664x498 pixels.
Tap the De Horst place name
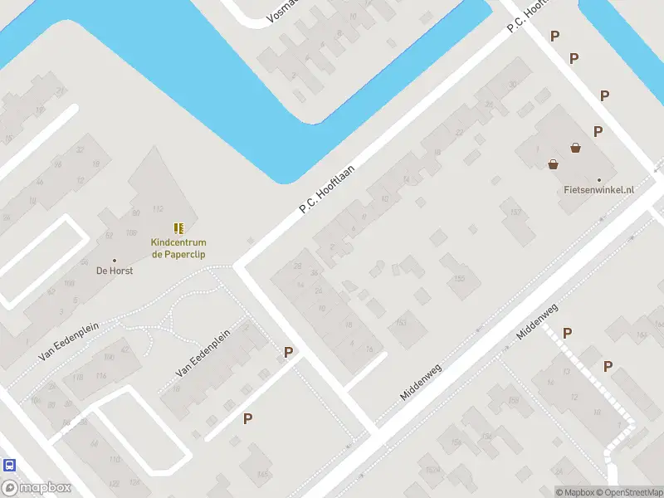click(115, 271)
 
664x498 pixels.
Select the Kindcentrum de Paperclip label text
click(178, 248)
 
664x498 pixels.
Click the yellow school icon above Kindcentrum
click(178, 227)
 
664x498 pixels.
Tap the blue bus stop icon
click(9, 465)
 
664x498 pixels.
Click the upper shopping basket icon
click(575, 148)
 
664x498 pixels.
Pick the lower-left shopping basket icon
click(554, 164)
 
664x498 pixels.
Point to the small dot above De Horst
click(115, 260)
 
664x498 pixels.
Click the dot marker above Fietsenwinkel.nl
click(598, 178)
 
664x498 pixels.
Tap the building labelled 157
click(516, 213)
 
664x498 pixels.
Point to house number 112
click(157, 208)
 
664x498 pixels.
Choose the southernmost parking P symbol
click(247, 418)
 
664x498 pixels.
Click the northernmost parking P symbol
click(554, 36)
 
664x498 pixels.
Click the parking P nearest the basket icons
click(598, 131)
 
